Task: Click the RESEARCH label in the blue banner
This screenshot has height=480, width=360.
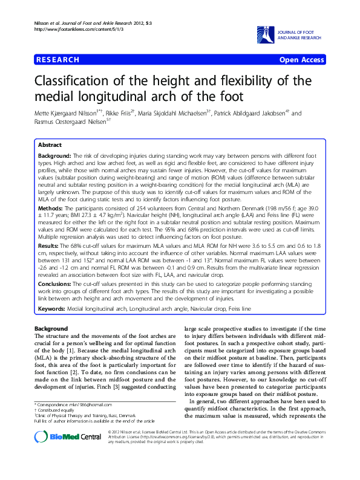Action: point(58,60)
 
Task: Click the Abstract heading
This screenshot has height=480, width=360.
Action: point(50,146)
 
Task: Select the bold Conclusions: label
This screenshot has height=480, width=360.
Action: point(58,284)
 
